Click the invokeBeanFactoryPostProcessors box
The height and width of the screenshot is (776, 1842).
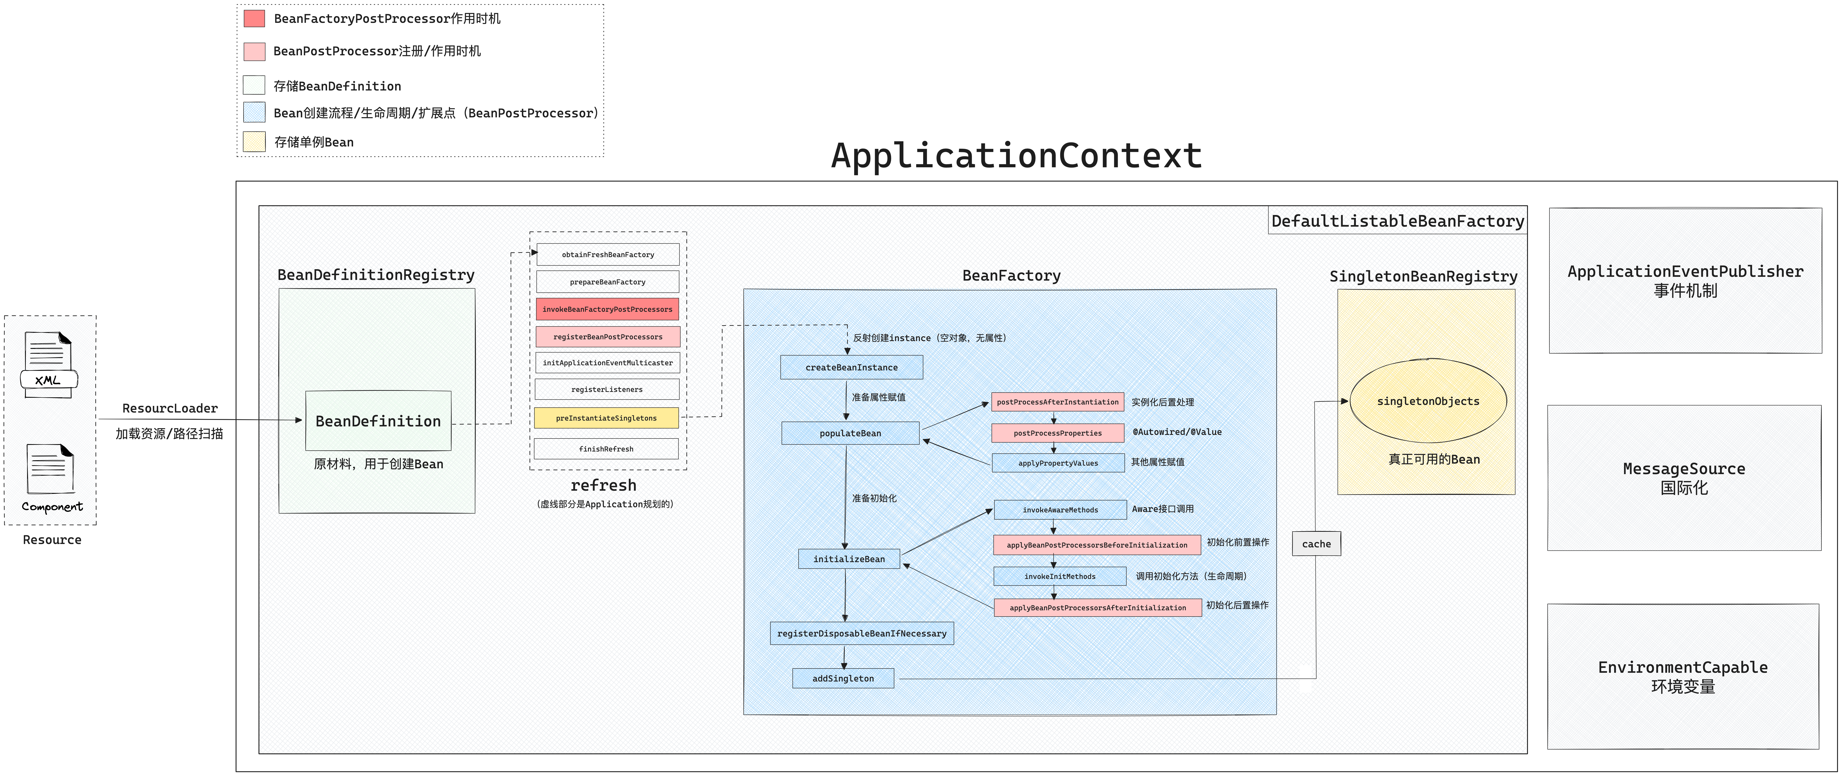(x=607, y=309)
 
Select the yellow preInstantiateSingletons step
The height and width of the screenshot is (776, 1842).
(x=606, y=418)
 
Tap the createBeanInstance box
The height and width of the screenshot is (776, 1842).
(x=851, y=367)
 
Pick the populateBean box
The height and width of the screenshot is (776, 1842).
(x=850, y=433)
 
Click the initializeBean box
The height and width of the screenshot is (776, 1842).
(x=849, y=559)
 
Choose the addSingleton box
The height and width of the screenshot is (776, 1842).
(x=843, y=678)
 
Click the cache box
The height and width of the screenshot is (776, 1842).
(x=1316, y=544)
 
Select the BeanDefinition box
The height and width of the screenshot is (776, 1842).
(x=378, y=421)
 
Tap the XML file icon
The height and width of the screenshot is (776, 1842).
(x=49, y=365)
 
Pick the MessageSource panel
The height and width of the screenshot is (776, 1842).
(x=1684, y=478)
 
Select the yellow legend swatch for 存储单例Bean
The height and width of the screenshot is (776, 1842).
(x=254, y=142)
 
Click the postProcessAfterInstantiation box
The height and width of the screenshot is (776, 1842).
(x=1058, y=402)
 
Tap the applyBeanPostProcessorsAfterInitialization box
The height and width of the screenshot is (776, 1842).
(x=1098, y=607)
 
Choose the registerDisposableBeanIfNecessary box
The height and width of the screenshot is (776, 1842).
(x=862, y=633)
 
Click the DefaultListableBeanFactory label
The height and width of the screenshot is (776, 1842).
(x=1397, y=221)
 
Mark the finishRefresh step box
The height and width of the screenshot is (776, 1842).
(x=606, y=448)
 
